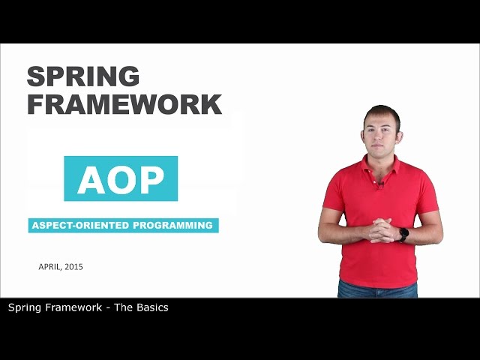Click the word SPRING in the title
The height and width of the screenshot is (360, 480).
[x=83, y=76]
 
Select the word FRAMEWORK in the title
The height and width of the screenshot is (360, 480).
[x=124, y=103]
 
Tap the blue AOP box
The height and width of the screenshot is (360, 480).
[x=121, y=178]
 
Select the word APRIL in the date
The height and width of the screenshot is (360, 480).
[x=50, y=266]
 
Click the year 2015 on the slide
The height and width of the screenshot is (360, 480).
[x=74, y=266]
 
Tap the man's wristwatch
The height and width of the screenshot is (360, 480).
[x=403, y=234]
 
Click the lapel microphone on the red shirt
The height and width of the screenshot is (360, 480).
[x=381, y=184]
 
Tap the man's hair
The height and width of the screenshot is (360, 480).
[x=382, y=111]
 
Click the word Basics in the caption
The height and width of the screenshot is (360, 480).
[x=151, y=307]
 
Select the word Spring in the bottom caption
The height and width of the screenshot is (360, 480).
[x=25, y=307]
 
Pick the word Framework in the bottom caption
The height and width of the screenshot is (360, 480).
[x=73, y=307]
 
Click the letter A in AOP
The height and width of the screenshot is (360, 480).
[x=92, y=179]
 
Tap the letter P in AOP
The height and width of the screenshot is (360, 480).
[x=151, y=179]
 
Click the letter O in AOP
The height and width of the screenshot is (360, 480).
[x=121, y=179]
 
